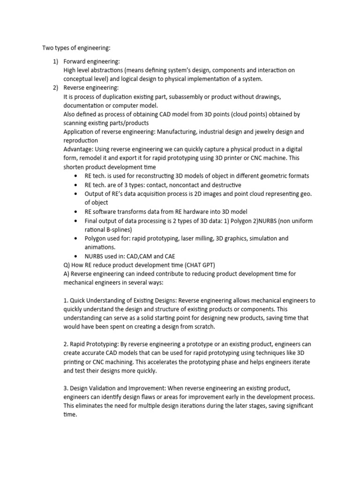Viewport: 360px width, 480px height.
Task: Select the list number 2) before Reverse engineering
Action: tap(55, 88)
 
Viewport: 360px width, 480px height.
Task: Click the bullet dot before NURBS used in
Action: tap(76, 256)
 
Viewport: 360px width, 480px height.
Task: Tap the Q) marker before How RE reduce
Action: tap(67, 264)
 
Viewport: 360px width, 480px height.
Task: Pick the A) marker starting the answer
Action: tap(67, 273)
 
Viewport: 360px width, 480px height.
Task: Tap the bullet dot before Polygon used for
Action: tap(76, 238)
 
